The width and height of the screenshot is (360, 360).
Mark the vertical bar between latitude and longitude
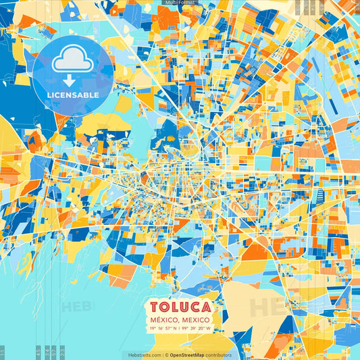point(180,329)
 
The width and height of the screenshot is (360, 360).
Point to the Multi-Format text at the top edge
point(180,3)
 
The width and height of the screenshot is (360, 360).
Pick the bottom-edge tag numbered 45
point(38,352)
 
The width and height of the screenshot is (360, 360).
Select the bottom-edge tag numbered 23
point(62,352)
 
